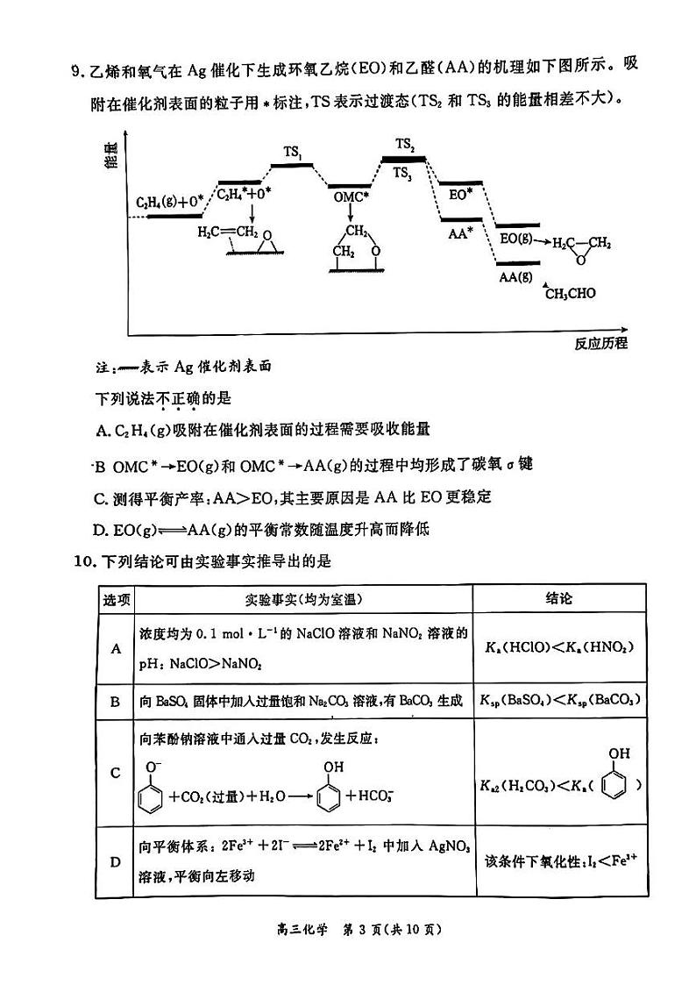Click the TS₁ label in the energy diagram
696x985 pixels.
click(293, 152)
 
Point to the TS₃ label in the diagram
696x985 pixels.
click(402, 173)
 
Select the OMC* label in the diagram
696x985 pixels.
click(350, 197)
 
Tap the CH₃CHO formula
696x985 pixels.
click(570, 293)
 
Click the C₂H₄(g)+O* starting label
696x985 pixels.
click(169, 203)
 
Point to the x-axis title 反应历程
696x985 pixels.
click(600, 343)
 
